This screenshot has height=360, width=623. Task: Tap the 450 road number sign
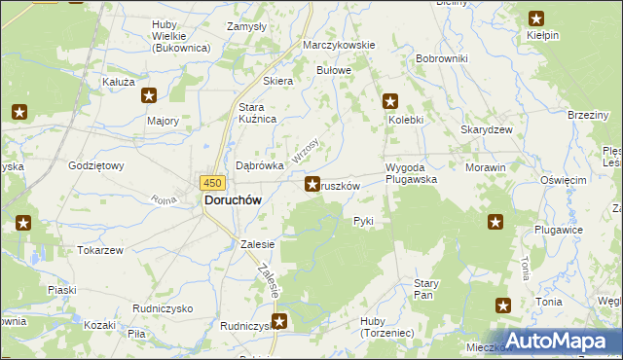(213, 182)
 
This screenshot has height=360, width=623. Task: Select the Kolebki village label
(406, 120)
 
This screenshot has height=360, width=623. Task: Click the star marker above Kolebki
(390, 100)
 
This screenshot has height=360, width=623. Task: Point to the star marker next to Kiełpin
(536, 17)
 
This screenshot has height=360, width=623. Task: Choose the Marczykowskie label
(339, 46)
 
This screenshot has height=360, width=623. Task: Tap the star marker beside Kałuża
(149, 95)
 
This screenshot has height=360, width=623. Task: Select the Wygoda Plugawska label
(411, 173)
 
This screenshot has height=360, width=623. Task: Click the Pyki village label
(363, 221)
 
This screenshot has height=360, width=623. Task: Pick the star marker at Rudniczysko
(279, 321)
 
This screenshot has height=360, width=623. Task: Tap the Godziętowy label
(96, 165)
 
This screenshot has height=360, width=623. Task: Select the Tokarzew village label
(100, 250)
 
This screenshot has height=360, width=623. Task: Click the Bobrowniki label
(441, 59)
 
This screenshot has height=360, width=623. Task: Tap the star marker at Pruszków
(312, 183)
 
